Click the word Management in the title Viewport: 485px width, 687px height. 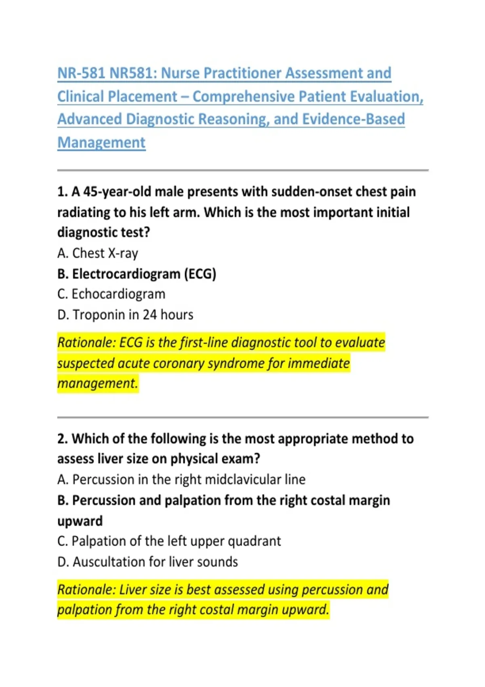tap(101, 143)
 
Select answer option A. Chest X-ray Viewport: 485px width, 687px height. tap(98, 253)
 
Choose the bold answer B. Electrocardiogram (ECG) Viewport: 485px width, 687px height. tap(137, 274)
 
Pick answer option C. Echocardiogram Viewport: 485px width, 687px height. tap(111, 294)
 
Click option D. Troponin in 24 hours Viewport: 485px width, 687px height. tap(125, 315)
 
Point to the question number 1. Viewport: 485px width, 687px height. tap(62, 192)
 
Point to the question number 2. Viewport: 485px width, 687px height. tap(62, 439)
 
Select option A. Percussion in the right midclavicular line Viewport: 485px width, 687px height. tap(181, 480)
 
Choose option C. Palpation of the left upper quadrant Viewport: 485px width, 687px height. tap(169, 541)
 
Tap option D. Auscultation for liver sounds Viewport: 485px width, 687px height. tap(148, 562)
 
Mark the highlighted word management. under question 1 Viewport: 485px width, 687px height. tap(98, 384)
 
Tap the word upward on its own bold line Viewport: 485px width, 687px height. tap(80, 521)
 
